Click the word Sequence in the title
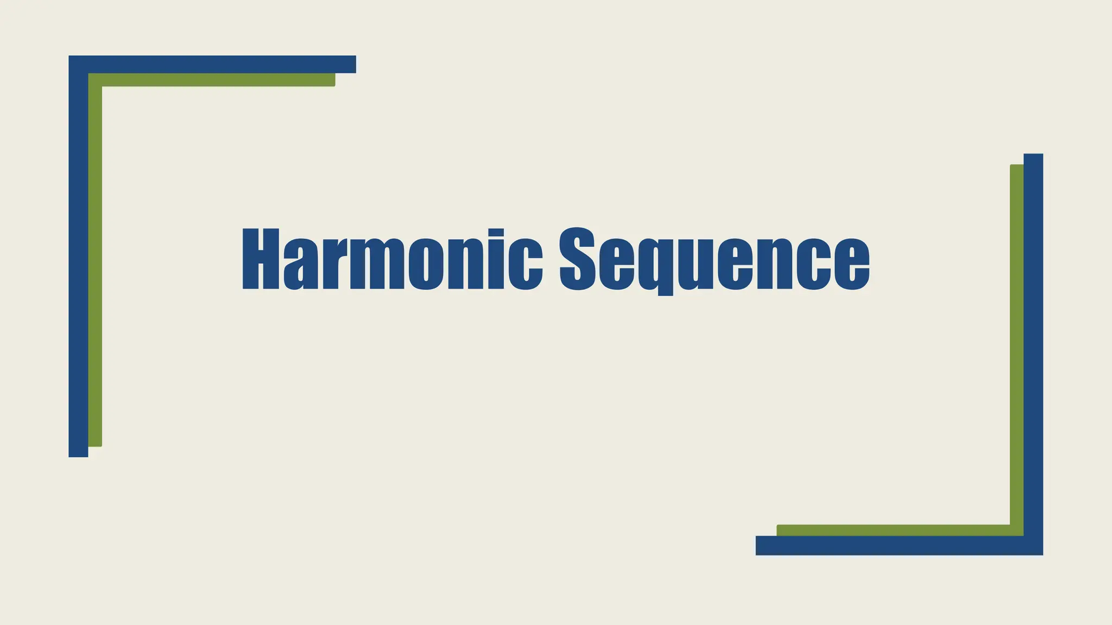tap(715, 259)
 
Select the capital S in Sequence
tap(578, 259)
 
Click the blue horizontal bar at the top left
tap(217, 64)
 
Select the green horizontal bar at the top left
tap(217, 80)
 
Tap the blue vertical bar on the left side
tap(78, 271)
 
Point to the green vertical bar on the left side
tap(95, 271)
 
